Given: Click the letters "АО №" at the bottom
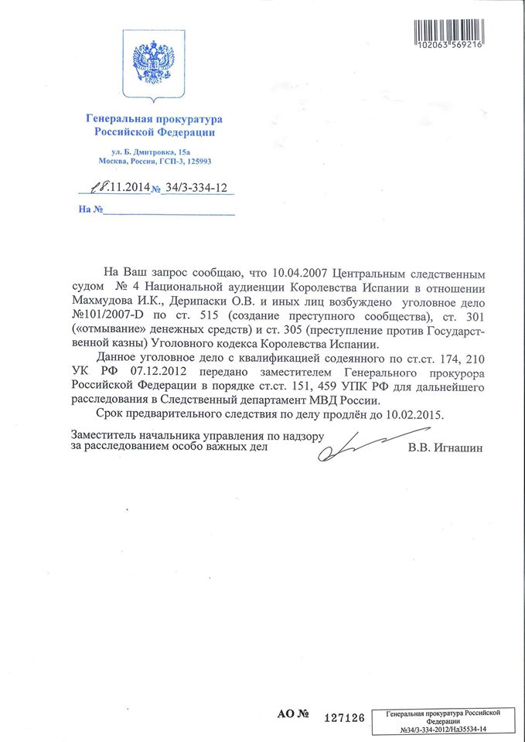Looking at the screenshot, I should pos(295,716).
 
